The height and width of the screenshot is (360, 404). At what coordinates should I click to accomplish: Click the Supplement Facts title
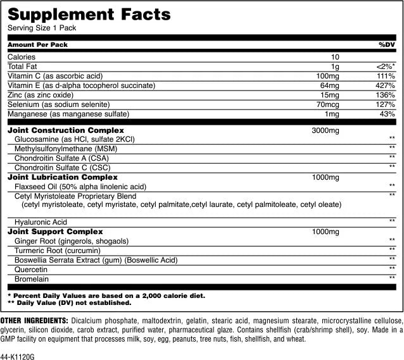click(89, 14)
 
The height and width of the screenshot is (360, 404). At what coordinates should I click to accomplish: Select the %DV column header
click(387, 45)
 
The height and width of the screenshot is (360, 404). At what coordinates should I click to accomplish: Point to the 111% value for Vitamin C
click(386, 76)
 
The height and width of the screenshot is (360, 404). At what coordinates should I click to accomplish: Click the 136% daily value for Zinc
click(386, 95)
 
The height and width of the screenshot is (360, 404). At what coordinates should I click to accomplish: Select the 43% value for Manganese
click(388, 114)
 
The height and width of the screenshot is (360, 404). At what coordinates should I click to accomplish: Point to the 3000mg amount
click(326, 130)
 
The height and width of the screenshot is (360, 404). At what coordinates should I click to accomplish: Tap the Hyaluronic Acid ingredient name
click(41, 222)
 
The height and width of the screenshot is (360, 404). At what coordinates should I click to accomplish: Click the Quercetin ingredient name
click(31, 269)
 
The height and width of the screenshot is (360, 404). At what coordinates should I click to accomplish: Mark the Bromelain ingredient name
click(31, 278)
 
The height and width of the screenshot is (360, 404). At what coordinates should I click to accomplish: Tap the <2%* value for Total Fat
click(385, 66)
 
